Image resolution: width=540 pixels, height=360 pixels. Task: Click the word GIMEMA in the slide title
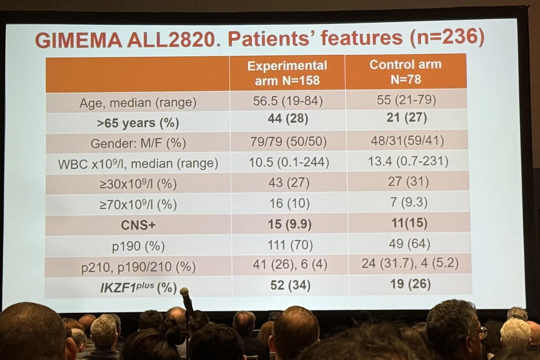coord(78,41)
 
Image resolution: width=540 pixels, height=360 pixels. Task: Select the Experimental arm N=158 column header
coord(287,73)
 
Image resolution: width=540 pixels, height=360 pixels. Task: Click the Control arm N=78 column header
coord(406,72)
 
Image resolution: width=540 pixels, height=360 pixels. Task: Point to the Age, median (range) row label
coord(138,103)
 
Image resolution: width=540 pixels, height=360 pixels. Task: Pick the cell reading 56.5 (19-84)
coord(288,101)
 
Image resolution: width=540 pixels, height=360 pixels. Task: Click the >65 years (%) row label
coord(138,123)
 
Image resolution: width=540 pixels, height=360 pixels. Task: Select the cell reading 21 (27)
coord(407,118)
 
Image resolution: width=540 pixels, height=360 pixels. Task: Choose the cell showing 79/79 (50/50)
coord(288,142)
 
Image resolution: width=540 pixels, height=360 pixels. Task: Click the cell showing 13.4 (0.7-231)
coord(408,161)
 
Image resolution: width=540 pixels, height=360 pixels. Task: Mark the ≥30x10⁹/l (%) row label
coord(138,184)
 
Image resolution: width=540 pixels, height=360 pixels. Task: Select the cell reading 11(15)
coord(409,223)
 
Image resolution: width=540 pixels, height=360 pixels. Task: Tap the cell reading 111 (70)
coord(290,245)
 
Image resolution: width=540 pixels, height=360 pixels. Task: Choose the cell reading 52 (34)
coord(290,285)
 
